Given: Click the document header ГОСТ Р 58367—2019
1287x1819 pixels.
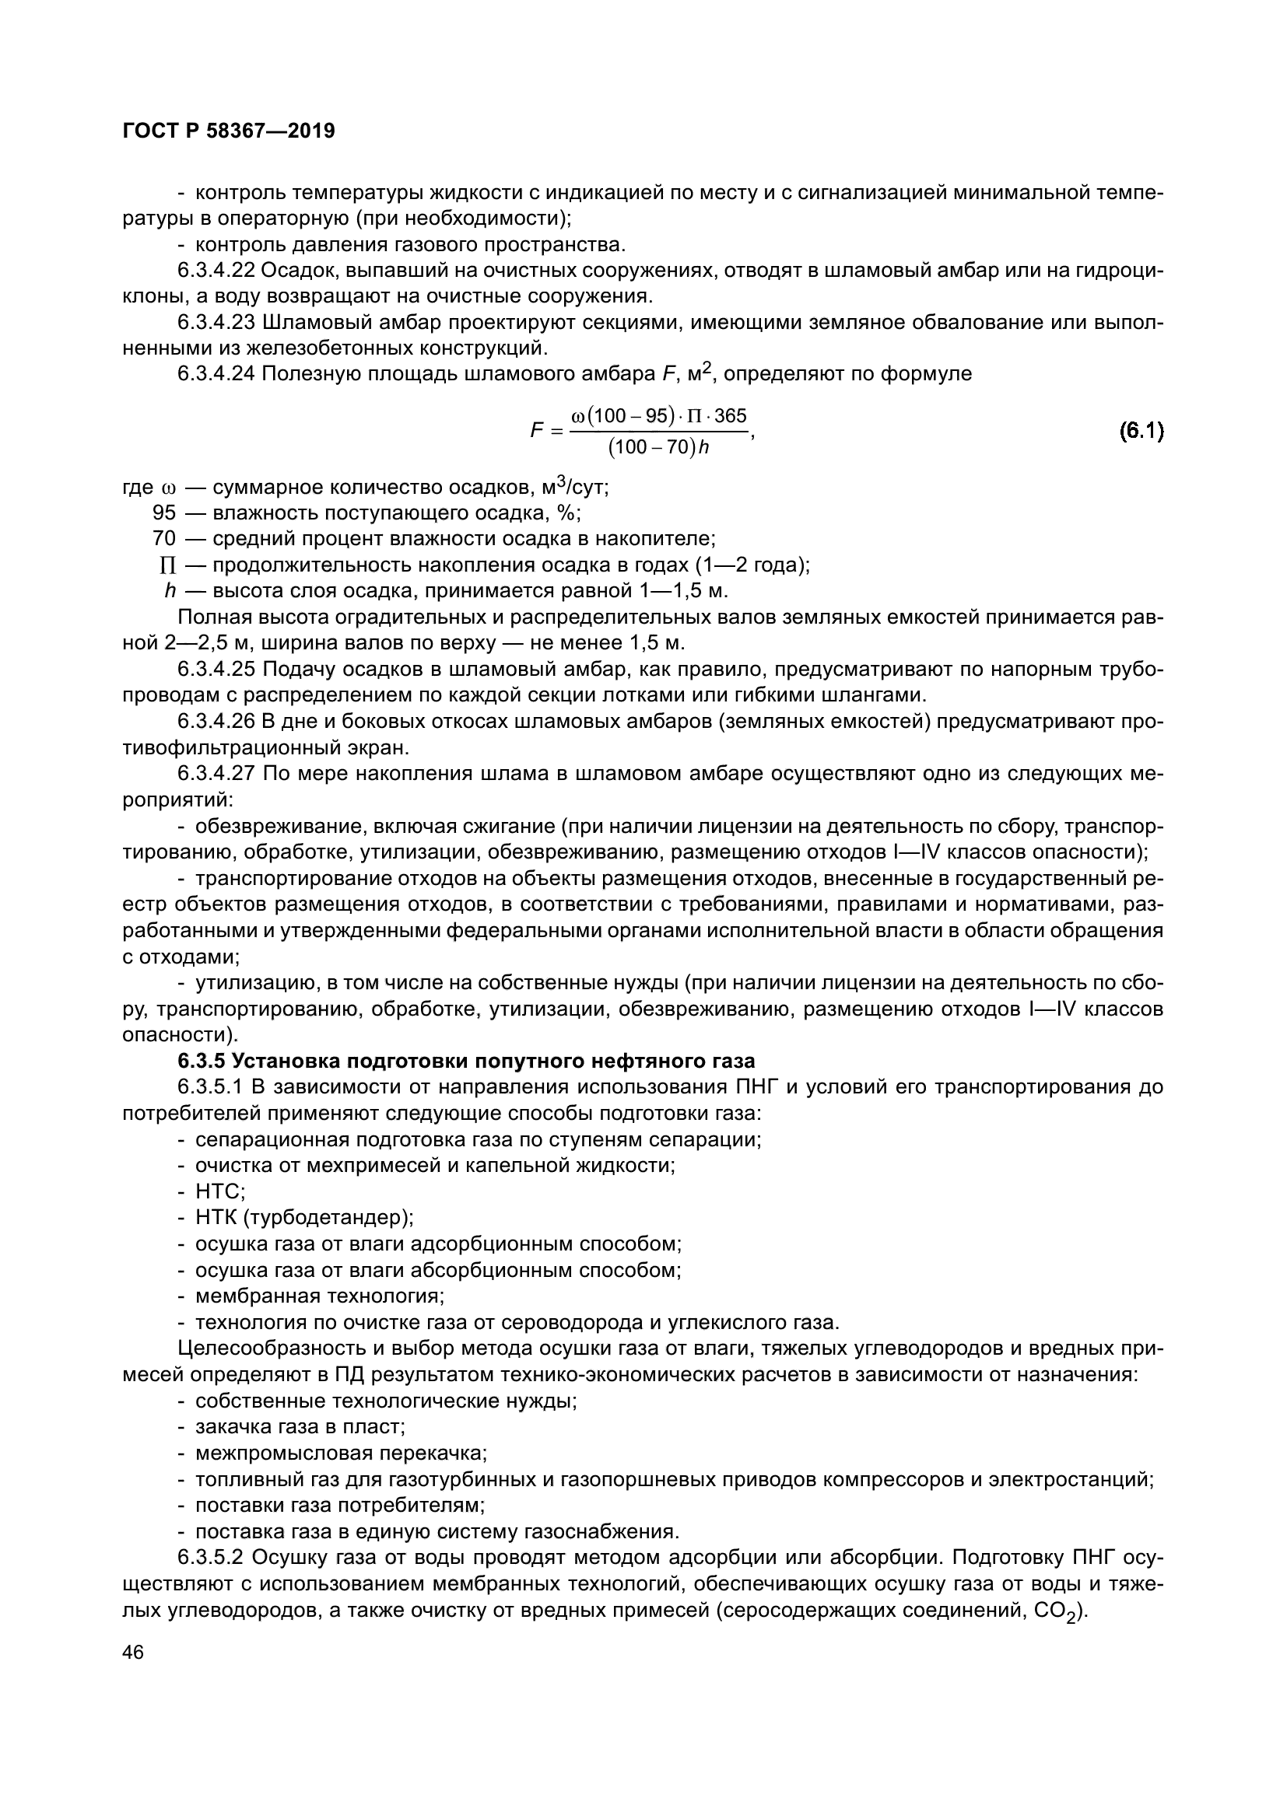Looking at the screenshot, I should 229,131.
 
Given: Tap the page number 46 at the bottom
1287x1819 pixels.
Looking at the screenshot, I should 133,1652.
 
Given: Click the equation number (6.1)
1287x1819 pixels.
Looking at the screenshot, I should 1141,431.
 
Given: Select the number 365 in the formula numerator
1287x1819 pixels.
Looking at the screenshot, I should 730,416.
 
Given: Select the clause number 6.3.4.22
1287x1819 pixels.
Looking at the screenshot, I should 216,270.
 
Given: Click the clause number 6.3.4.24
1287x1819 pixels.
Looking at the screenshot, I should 216,373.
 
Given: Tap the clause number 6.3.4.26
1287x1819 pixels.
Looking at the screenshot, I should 216,721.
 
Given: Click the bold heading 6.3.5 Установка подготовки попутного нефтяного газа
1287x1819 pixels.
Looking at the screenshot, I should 467,1061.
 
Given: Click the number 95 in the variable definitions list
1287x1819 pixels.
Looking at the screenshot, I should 164,512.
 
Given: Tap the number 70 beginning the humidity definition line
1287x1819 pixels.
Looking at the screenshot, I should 164,539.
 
